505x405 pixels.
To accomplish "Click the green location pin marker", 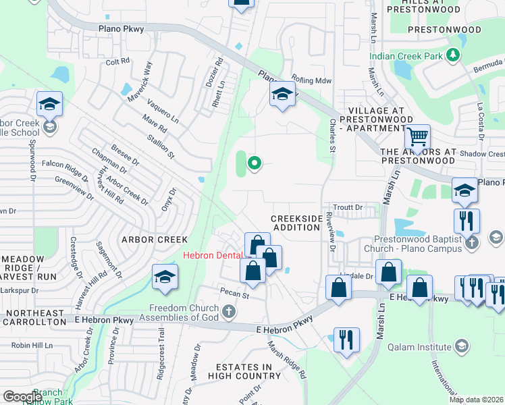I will (x=255, y=162).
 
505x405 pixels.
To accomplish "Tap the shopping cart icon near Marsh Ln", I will (x=418, y=138).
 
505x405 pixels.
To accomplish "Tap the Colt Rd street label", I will (x=117, y=61).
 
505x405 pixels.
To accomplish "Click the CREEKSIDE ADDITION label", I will (x=296, y=223).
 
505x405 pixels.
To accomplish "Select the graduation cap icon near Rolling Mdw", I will (x=282, y=94).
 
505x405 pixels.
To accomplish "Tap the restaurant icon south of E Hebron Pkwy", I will (x=347, y=338).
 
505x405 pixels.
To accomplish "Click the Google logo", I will (x=23, y=397).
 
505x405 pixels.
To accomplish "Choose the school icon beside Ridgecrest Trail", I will (x=165, y=277).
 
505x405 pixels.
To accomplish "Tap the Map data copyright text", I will (x=476, y=400).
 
